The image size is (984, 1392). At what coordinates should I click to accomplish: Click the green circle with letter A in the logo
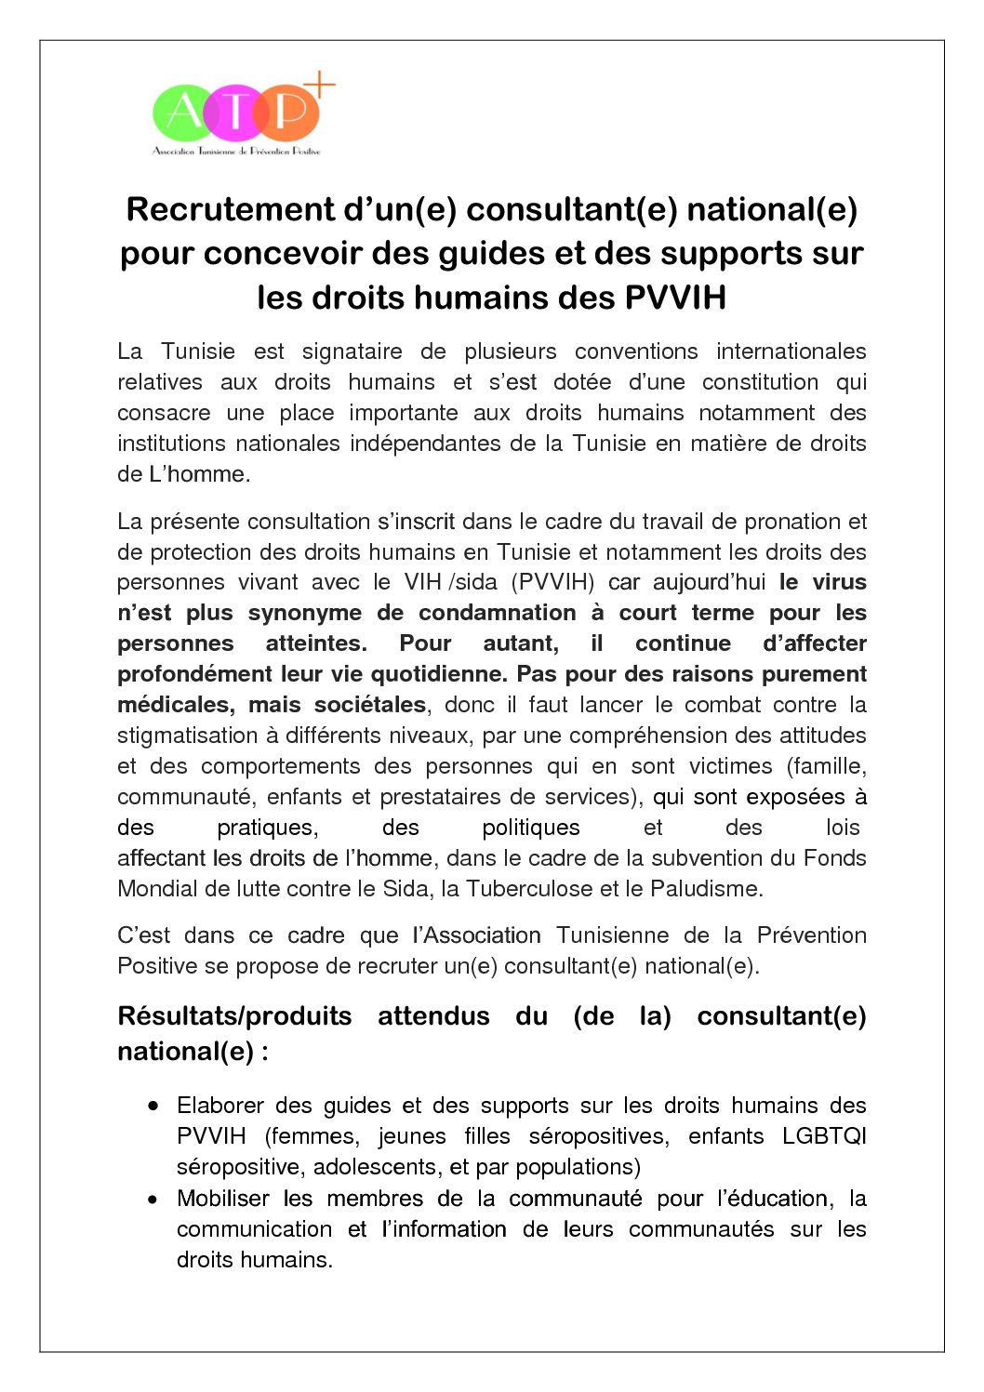[183, 113]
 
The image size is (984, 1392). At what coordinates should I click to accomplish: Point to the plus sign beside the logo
[319, 85]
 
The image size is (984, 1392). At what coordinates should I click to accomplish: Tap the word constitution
[760, 382]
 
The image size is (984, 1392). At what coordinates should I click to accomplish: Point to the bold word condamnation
[497, 613]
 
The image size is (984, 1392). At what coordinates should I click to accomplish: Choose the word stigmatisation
[188, 736]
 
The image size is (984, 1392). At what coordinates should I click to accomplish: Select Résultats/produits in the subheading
[234, 1016]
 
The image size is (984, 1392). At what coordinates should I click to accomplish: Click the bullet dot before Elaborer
[153, 1106]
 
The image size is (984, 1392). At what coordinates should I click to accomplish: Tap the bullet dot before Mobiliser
[153, 1199]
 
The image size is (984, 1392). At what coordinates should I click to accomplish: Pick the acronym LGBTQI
[824, 1136]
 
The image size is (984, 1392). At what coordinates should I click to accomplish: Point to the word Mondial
[157, 889]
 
